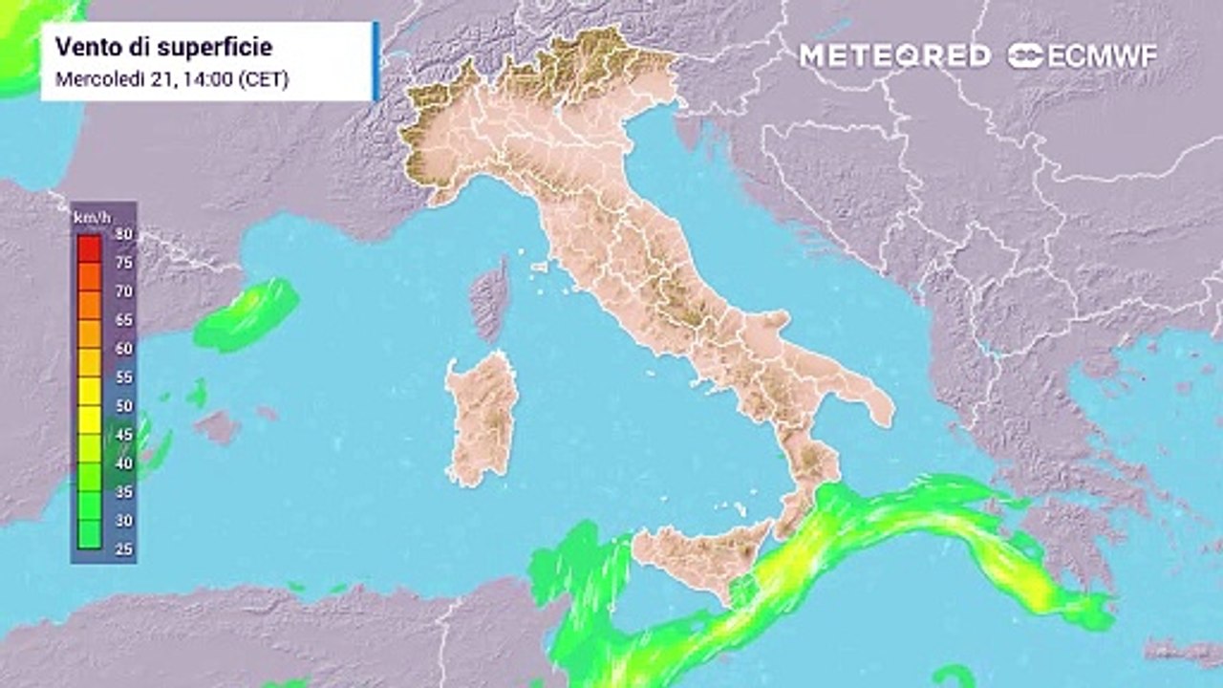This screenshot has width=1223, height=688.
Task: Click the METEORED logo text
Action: [894, 55]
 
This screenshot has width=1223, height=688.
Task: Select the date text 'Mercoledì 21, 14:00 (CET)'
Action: [172, 79]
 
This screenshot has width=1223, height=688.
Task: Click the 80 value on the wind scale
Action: [123, 234]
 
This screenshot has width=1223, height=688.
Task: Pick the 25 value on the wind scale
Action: [123, 549]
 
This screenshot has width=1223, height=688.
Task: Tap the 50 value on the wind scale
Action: [123, 406]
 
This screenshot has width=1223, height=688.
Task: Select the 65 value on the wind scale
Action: [123, 320]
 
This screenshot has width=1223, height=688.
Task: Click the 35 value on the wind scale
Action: [123, 492]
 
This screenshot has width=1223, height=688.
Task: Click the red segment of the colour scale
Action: [90, 248]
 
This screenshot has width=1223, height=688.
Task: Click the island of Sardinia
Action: [483, 416]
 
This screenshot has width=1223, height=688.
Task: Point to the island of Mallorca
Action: [218, 426]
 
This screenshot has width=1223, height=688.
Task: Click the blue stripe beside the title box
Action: [376, 61]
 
